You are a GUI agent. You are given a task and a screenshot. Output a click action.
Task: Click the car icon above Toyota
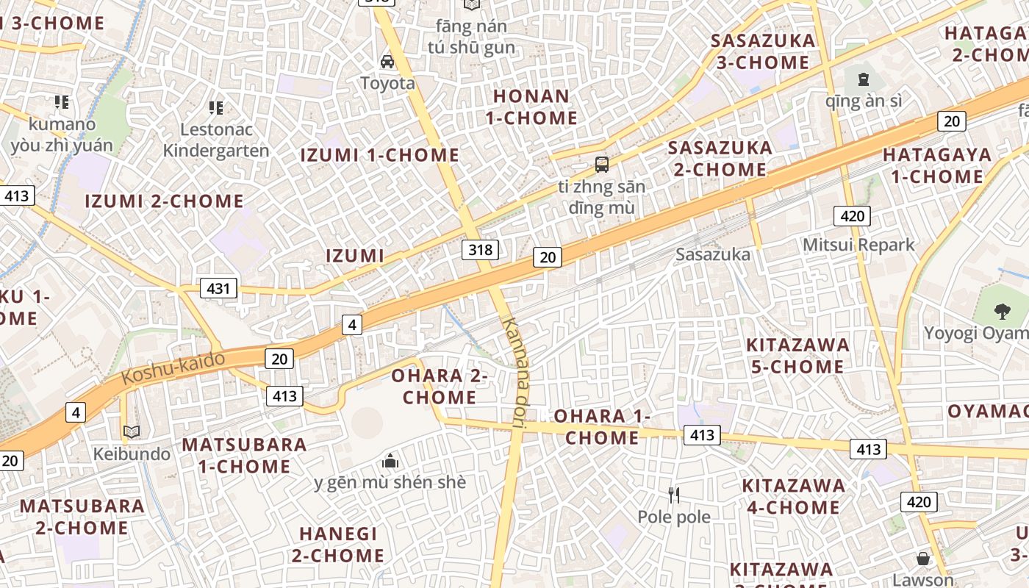[x=387, y=61]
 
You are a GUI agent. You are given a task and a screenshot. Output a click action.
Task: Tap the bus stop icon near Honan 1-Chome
[x=602, y=164]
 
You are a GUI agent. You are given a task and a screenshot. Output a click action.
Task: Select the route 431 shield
[x=218, y=289]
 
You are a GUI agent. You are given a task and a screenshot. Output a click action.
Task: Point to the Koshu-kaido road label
[x=173, y=367]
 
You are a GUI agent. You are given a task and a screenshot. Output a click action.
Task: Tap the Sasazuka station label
[x=713, y=254]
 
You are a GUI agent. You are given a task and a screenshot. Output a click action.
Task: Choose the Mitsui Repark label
[x=858, y=245]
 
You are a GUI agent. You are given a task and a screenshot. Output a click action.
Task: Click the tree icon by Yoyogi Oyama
[x=1002, y=311]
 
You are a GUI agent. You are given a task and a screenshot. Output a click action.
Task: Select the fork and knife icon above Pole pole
[x=674, y=495]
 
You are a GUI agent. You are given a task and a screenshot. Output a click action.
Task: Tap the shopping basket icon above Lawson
[x=923, y=559]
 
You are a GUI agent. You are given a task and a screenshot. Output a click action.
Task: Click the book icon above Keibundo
[x=132, y=431]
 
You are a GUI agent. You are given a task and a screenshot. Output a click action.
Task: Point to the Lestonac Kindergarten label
[x=216, y=140]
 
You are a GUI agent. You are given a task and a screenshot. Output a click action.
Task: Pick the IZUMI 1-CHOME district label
[x=380, y=155]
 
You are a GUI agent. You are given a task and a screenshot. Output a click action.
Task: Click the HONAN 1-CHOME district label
[x=531, y=107]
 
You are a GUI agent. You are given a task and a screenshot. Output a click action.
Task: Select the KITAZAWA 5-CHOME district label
[x=797, y=356]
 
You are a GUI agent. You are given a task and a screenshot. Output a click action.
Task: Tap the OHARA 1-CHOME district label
[x=602, y=427]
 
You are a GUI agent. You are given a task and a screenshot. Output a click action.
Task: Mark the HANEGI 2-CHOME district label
[x=338, y=545]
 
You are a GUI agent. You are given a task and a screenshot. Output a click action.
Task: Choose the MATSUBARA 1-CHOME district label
[x=245, y=455]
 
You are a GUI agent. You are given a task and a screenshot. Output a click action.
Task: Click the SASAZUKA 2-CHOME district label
[x=720, y=159]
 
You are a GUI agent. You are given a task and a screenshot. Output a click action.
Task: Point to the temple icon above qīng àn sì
[x=864, y=79]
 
